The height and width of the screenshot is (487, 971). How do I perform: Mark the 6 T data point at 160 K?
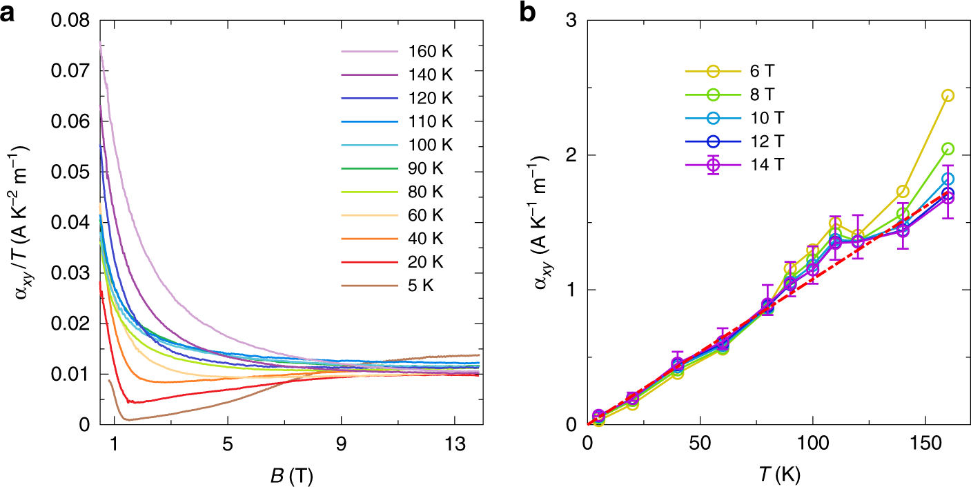tap(948, 95)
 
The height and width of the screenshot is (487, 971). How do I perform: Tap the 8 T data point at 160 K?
tap(948, 149)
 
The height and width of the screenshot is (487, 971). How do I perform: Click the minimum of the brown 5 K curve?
tap(127, 419)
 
